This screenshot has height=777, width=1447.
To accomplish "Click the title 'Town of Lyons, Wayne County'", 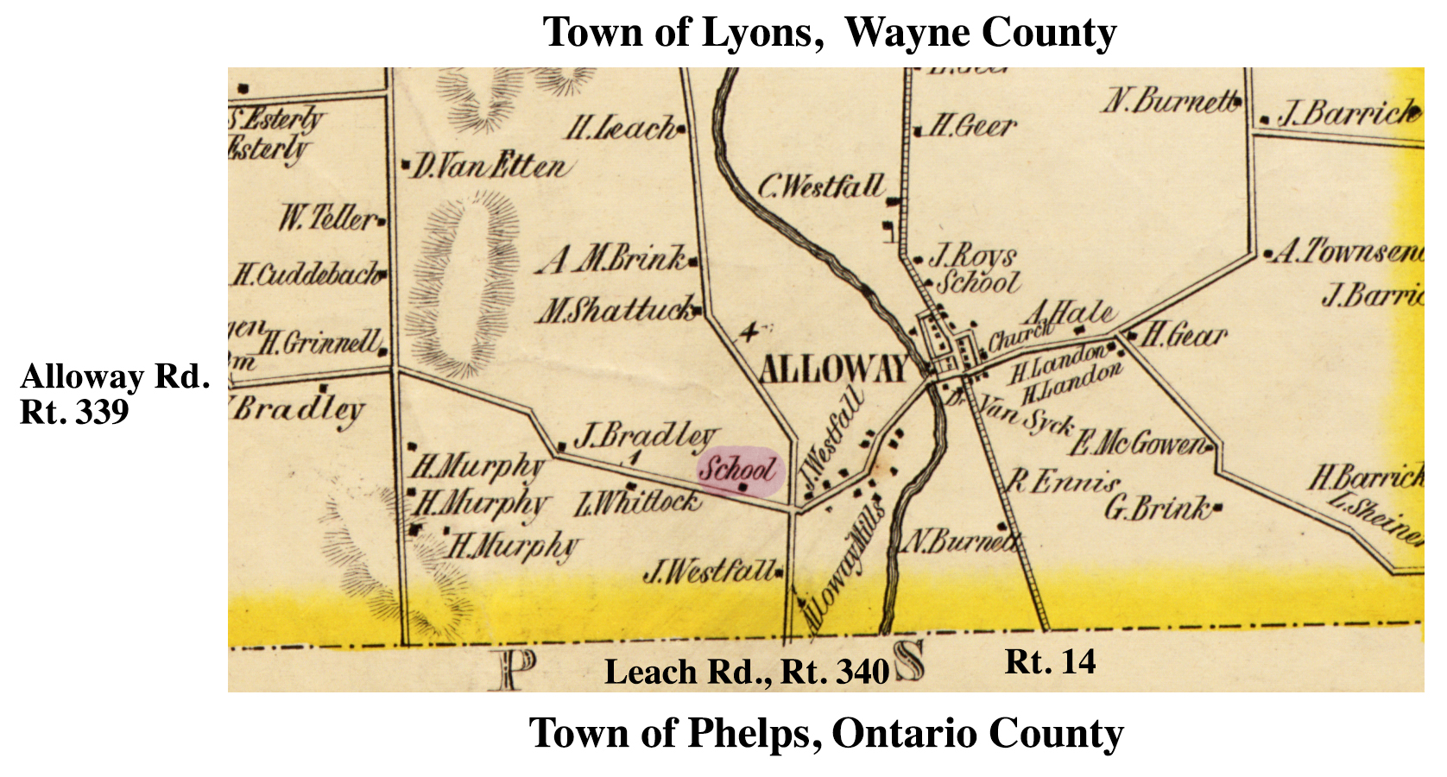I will [829, 33].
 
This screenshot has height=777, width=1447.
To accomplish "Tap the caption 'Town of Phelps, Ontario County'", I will [826, 734].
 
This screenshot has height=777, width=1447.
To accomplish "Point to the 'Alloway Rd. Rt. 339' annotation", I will [114, 394].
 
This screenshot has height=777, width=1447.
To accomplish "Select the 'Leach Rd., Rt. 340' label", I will [746, 672].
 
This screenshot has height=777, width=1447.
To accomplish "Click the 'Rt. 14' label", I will [1050, 662].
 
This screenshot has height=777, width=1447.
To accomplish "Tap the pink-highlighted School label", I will [738, 471].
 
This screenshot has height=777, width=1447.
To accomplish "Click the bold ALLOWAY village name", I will [833, 370].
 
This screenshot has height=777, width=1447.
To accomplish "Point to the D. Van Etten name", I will [489, 165].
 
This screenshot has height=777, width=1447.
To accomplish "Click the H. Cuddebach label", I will [307, 275].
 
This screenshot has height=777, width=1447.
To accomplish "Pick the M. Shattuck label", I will [616, 309].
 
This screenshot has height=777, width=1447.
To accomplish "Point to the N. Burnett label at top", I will [1170, 102].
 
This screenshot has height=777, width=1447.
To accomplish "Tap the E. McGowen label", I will [1140, 444].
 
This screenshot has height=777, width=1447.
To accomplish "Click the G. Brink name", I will [1158, 508].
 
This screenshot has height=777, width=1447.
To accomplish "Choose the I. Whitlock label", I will [637, 501].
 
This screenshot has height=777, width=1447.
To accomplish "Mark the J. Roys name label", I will [974, 256].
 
